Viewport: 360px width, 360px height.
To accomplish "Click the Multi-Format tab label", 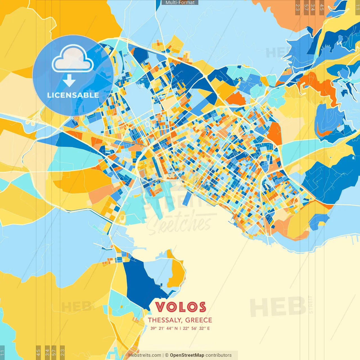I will click(x=180, y=3).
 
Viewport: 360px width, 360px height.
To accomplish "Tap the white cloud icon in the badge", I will click(x=73, y=59).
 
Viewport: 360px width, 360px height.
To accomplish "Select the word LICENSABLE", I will click(x=73, y=95).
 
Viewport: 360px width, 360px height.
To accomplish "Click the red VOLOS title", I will click(x=181, y=307).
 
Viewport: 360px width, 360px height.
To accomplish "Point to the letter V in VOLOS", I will click(x=161, y=307).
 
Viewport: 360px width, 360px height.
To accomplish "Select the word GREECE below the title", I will click(x=199, y=320).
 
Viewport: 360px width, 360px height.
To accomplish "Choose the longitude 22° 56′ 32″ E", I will click(x=196, y=328).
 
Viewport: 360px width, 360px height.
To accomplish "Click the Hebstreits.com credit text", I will click(x=145, y=355).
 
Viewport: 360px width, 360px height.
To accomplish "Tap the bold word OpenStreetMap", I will click(x=187, y=355).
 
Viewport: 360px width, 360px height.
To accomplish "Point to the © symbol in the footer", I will click(x=167, y=355).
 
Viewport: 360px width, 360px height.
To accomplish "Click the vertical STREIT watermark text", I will click(x=310, y=304).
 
